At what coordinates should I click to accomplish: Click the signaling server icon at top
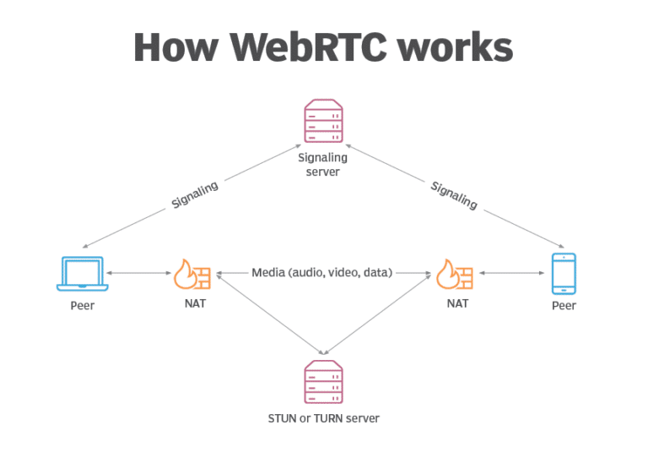point(324,121)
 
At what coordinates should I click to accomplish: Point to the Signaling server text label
point(323,164)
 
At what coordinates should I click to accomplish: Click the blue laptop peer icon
point(82,274)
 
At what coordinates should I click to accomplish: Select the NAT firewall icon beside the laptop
point(193,274)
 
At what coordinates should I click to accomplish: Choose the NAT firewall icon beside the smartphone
point(454,274)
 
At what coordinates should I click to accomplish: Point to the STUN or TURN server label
point(323,418)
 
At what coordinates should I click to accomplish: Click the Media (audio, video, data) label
point(322,273)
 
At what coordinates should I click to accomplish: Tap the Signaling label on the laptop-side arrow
point(194,194)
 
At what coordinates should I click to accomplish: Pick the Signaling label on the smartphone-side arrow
point(454,195)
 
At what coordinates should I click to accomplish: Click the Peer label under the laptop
point(83,305)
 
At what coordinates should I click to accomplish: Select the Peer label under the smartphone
point(564,305)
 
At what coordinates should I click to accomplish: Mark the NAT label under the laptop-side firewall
point(193,303)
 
